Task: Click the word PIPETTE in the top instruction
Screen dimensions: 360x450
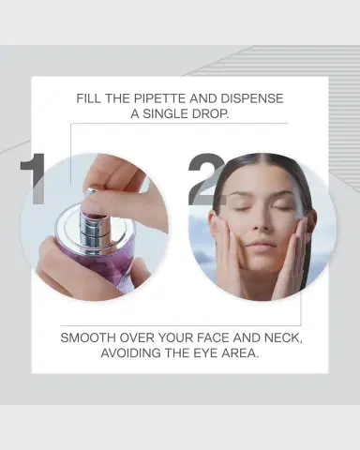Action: pos(159,98)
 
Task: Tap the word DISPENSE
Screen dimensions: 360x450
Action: pos(252,98)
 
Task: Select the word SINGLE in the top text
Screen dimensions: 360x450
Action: pos(165,113)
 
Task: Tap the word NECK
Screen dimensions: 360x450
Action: pos(283,337)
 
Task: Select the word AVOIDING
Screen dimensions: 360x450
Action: pos(130,353)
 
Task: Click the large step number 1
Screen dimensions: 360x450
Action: pos(34,179)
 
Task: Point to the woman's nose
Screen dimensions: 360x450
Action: pos(259,223)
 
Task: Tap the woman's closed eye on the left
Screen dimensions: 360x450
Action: pos(238,208)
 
